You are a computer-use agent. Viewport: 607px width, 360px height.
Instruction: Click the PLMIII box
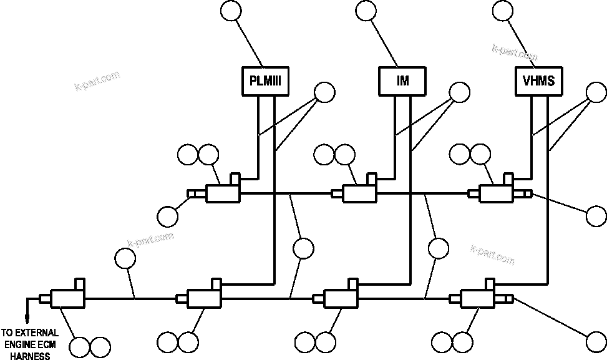coord(265,81)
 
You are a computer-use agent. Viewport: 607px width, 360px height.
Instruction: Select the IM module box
coord(402,81)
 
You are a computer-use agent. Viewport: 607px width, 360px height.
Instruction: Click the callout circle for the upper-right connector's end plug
coord(596,215)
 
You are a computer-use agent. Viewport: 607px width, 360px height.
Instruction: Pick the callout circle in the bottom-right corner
coord(596,341)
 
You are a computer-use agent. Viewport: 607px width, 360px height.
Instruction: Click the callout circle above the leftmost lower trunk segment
coord(125,258)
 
